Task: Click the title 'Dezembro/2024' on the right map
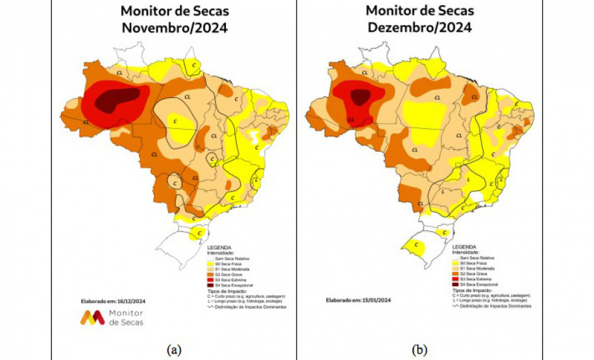(418, 28)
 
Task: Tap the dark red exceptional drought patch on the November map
(118, 99)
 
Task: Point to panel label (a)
(173, 350)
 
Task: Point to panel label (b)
(418, 350)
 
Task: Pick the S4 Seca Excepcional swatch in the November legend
(210, 285)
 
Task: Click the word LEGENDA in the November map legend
(219, 248)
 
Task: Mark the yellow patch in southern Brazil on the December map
(414, 246)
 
